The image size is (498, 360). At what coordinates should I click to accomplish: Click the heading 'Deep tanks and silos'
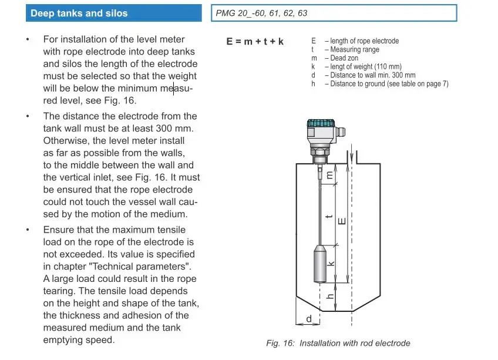coord(79,13)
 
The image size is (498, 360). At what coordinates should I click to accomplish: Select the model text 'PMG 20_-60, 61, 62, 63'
coord(261,13)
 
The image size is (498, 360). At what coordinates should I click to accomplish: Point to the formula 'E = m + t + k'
coord(255,42)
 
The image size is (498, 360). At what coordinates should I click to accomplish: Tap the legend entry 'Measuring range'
coord(355,50)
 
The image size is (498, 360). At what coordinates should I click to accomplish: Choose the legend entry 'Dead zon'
coord(346,58)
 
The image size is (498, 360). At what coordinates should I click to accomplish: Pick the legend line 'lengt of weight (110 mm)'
coord(366,67)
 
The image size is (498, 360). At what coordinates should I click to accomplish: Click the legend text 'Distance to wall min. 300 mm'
coord(372,75)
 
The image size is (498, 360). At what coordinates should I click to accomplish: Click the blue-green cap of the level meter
coord(321,124)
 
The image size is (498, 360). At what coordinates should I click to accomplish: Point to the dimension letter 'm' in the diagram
coord(331,174)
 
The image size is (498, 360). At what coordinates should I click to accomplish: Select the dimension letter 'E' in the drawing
coord(342,221)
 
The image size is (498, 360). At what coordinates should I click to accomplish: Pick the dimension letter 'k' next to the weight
coord(331,264)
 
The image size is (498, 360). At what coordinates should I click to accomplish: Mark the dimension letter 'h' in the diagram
coord(331,297)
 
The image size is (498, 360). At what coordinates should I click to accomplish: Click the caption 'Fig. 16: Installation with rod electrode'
coord(338,343)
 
